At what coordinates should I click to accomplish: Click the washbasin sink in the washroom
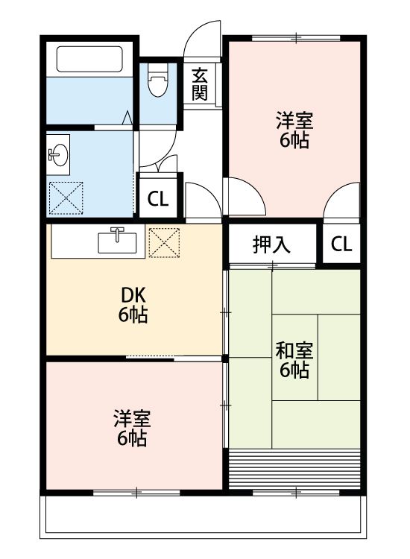click(x=57, y=155)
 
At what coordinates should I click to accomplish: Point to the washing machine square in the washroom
click(x=66, y=197)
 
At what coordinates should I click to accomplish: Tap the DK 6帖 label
click(x=133, y=304)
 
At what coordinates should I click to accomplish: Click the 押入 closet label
click(x=271, y=244)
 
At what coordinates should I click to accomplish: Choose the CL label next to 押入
click(x=341, y=244)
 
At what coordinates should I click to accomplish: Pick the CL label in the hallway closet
click(x=157, y=199)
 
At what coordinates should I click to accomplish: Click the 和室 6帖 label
click(x=294, y=359)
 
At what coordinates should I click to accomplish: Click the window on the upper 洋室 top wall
click(x=297, y=37)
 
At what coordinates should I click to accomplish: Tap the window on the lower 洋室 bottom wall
click(x=136, y=492)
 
